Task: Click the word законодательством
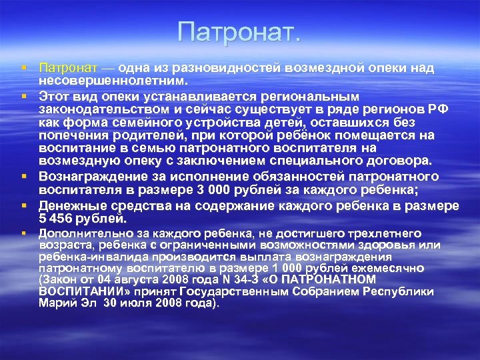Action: (106, 109)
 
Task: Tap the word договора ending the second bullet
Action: (397, 161)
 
